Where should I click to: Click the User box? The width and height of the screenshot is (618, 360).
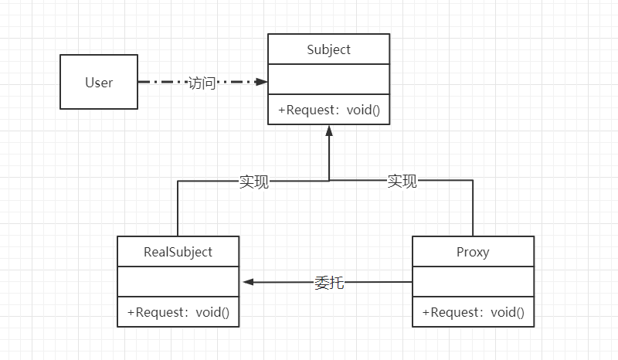click(99, 82)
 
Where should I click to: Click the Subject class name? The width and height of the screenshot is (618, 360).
click(329, 49)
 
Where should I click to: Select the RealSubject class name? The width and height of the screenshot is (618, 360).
click(178, 252)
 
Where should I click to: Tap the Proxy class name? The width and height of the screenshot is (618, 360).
click(473, 252)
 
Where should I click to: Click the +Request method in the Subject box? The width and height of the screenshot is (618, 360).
click(329, 110)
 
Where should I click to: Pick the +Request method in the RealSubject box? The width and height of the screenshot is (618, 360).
click(178, 312)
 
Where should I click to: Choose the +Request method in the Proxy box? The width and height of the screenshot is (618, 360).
click(474, 312)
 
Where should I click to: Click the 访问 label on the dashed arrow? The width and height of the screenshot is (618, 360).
click(202, 83)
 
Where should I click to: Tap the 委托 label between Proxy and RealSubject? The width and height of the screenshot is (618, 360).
click(329, 282)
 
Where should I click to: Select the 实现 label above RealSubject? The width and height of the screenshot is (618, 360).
click(254, 182)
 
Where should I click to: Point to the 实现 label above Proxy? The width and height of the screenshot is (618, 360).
click(402, 181)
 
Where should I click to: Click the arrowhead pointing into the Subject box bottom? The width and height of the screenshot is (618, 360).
click(329, 131)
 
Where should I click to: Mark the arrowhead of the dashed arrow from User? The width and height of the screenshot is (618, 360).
click(261, 82)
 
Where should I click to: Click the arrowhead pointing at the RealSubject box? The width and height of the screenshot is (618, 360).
click(249, 282)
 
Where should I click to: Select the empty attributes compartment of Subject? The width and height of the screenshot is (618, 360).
click(329, 80)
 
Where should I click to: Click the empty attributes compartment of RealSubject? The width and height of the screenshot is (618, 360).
click(178, 281)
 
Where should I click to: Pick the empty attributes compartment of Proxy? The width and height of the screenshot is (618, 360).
click(474, 281)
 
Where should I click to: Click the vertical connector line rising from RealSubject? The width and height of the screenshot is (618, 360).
click(178, 209)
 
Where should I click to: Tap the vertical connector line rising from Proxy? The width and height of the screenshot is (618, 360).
click(473, 208)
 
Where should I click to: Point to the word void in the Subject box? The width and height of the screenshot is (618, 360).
click(363, 110)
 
